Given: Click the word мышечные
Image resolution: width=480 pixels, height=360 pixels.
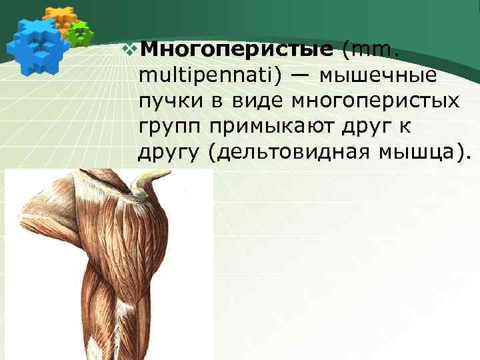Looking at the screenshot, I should [x=377, y=75].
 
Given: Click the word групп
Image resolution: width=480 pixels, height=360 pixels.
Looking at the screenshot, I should [x=169, y=127].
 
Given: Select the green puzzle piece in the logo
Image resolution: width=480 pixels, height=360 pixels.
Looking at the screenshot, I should [x=80, y=33].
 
